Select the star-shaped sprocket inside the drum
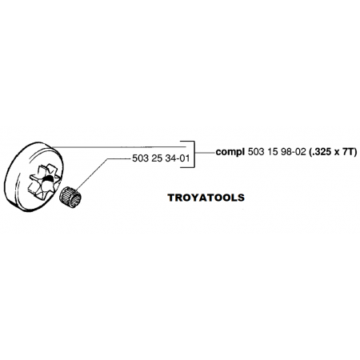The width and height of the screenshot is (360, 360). pos(43,182)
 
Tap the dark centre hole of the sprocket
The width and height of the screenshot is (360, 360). pos(47,181)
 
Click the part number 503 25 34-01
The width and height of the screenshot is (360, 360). pos(161,158)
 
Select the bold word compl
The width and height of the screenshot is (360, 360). pos(230,152)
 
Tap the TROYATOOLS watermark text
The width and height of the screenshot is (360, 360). pos(206,198)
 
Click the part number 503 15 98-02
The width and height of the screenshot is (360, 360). pos(277,152)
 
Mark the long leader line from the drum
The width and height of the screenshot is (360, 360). pos(118,146)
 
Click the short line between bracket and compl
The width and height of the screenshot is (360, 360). pos(205,152)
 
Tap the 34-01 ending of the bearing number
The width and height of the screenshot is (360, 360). pos(178,158)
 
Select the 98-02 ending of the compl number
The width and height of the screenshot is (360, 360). pos(294,152)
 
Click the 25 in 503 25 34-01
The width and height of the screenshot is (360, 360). pos(157,158)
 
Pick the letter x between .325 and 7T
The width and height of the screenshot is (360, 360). pos(336,153)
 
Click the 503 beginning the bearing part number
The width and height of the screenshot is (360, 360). pos(140,158)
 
